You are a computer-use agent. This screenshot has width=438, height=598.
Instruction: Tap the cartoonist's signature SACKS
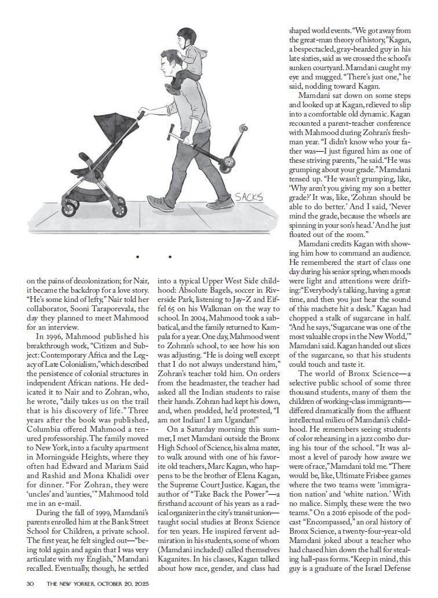click(x=249, y=198)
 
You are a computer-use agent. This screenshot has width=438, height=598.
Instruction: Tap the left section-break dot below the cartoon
click(x=137, y=256)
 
